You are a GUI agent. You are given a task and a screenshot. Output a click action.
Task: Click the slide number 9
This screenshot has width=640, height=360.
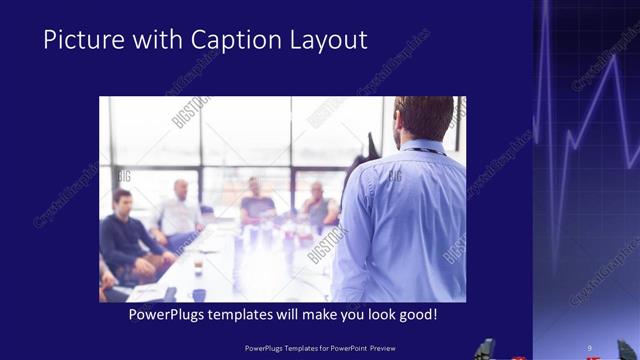click(x=589, y=348)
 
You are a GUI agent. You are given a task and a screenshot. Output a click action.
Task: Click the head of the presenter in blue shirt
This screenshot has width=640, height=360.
click(x=424, y=118)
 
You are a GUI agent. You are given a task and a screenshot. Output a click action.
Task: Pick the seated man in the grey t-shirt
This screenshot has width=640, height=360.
click(x=257, y=204)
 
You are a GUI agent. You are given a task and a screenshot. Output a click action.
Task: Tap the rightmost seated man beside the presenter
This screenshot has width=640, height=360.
click(x=318, y=205)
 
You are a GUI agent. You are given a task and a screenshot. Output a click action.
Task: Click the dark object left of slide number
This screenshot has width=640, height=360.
click(x=484, y=349)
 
